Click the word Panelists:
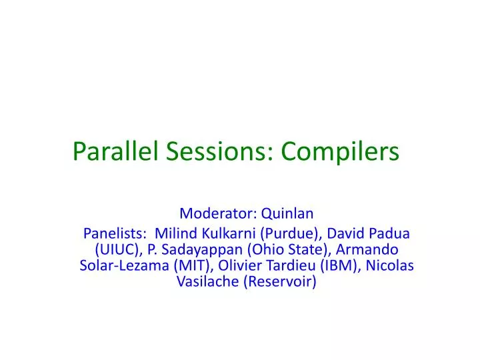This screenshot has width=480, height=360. click(x=115, y=233)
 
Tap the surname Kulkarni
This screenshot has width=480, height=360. click(x=225, y=233)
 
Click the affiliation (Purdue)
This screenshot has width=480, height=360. click(x=285, y=233)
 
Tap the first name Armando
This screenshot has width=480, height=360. click(x=369, y=249)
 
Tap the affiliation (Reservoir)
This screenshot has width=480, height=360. click(x=279, y=281)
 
